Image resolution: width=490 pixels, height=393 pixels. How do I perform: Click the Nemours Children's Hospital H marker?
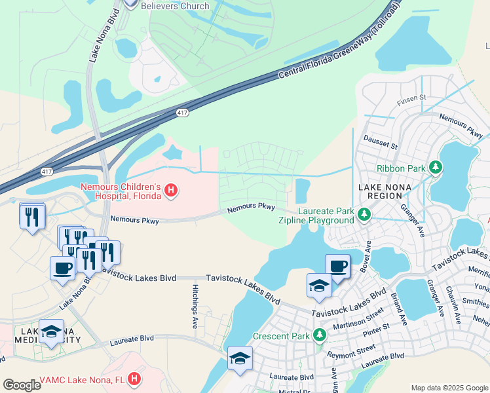171,191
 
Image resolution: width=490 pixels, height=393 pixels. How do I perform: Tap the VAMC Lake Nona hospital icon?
134,379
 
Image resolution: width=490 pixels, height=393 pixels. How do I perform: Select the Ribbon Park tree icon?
435,168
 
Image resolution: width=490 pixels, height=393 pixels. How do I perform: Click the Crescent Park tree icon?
319,336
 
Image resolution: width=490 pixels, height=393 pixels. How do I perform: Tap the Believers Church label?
176,6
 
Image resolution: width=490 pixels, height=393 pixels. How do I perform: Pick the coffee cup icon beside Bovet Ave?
337,266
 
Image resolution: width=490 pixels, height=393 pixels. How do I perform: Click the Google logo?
22,385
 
